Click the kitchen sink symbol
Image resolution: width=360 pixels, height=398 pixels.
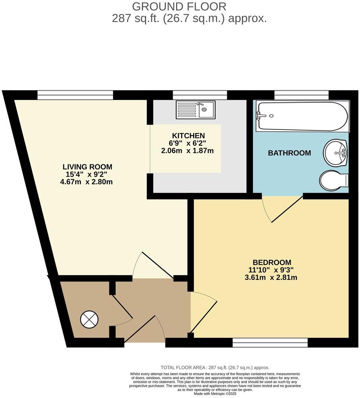(196, 109)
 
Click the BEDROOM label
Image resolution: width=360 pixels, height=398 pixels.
(272, 262)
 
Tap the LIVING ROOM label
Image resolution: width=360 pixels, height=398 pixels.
(87, 167)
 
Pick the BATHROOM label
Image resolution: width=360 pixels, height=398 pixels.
(289, 153)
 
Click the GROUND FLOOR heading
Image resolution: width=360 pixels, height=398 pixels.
(179, 6)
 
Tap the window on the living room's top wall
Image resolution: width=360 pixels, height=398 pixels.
(75, 95)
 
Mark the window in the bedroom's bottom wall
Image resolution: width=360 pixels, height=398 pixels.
(270, 342)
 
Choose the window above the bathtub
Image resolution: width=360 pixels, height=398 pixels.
(301, 95)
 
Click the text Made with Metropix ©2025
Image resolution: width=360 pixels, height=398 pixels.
(215, 394)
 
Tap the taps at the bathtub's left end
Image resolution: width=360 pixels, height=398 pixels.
(261, 115)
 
